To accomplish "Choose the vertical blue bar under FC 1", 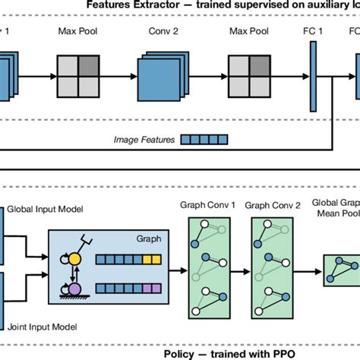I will coord(311,76).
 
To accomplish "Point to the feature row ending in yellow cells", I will coord(127,260).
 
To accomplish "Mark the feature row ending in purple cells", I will coord(127,289).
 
